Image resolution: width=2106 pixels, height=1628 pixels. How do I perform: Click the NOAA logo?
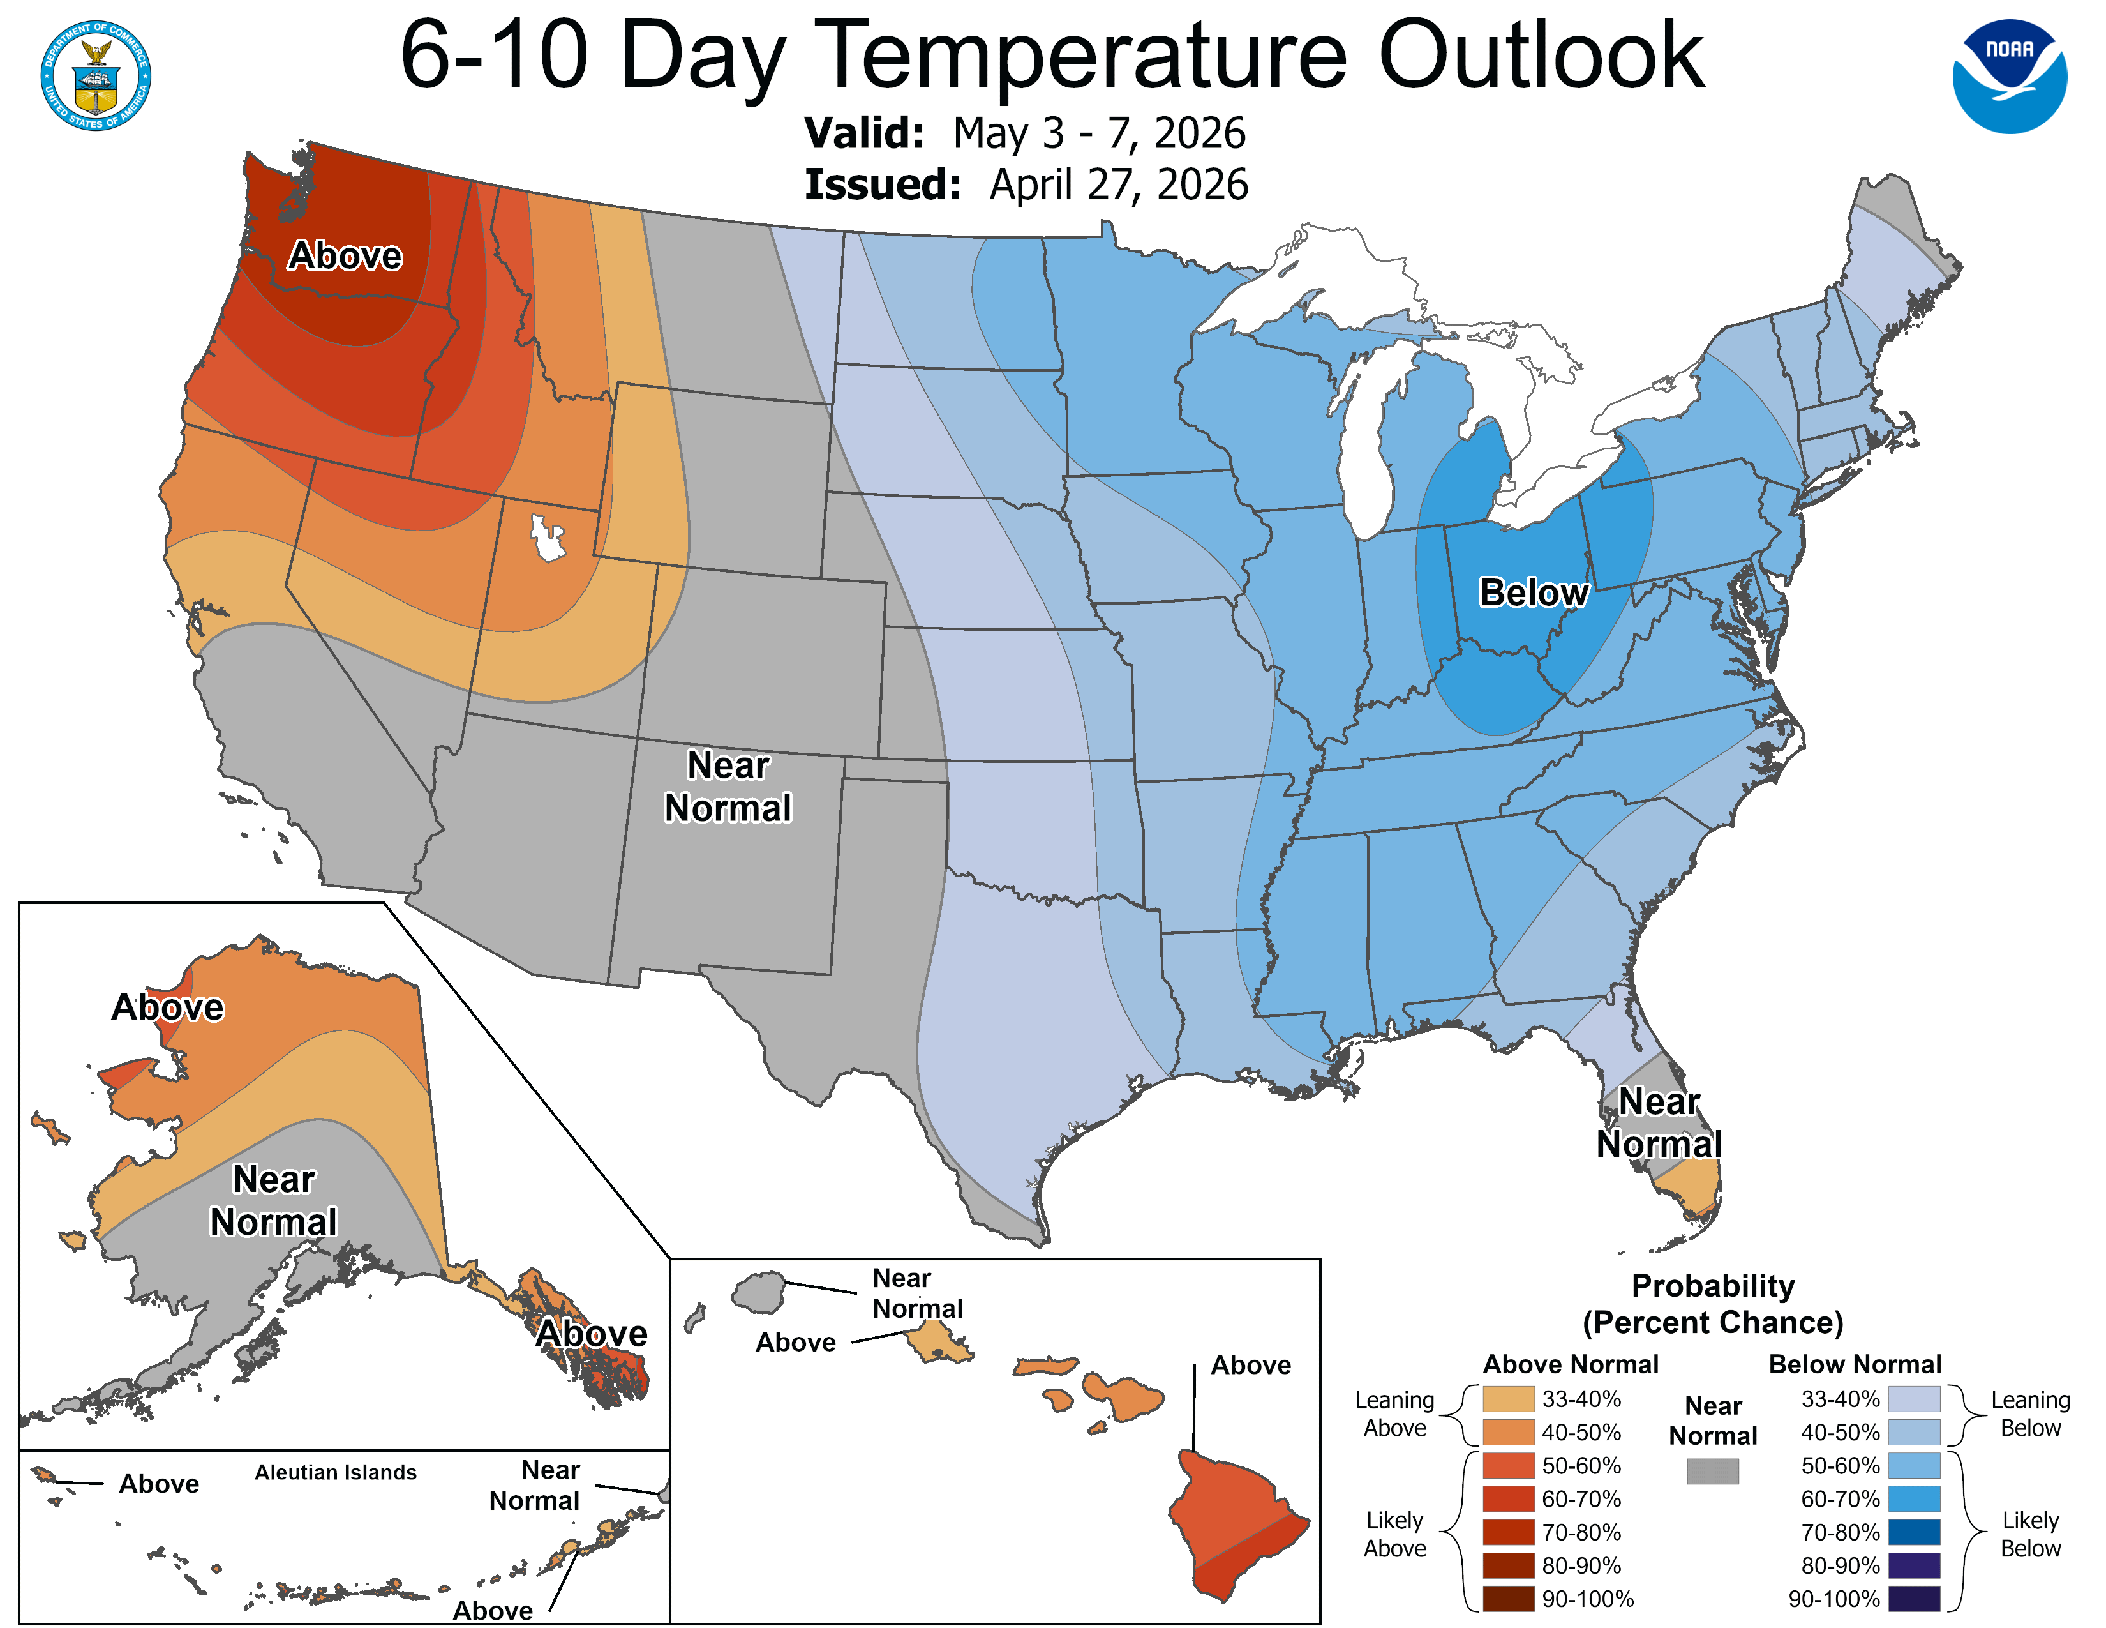pyautogui.click(x=2010, y=76)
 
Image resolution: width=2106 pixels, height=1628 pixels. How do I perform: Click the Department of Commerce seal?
pyautogui.click(x=96, y=75)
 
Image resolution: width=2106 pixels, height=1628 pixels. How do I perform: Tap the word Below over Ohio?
pyautogui.click(x=1533, y=592)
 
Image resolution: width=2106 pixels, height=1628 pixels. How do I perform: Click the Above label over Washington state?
pyautogui.click(x=345, y=255)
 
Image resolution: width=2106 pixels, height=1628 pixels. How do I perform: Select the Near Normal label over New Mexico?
pyautogui.click(x=728, y=786)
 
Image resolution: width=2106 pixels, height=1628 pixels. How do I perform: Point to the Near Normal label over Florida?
pyautogui.click(x=1659, y=1122)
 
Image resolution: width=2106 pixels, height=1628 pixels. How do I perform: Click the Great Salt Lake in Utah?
pyautogui.click(x=547, y=538)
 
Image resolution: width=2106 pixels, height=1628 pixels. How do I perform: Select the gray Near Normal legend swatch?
pyautogui.click(x=1713, y=1471)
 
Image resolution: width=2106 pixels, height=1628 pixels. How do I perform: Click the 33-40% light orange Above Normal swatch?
pyautogui.click(x=1508, y=1398)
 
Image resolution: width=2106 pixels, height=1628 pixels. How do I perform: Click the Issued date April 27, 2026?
pyautogui.click(x=1119, y=185)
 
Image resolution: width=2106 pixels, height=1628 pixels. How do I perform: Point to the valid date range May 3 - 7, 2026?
pyautogui.click(x=1100, y=133)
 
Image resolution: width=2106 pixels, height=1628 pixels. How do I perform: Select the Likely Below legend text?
pyautogui.click(x=2030, y=1534)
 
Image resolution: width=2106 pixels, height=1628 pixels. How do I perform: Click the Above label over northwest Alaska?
pyautogui.click(x=168, y=1007)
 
